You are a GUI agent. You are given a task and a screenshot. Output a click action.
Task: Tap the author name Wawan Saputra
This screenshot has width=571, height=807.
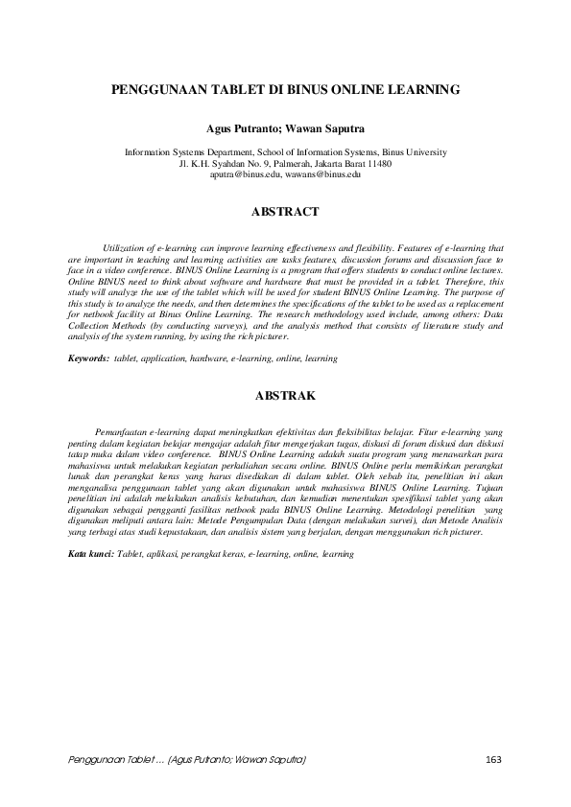(323, 127)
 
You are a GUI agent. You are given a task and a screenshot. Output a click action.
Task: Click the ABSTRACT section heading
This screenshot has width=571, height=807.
(284, 208)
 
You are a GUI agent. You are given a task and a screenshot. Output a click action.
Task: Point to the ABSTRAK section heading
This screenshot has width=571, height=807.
(284, 394)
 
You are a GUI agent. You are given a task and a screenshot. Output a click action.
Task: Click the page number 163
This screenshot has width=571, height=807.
(494, 760)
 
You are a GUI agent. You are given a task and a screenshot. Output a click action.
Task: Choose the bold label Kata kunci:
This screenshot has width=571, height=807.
(91, 554)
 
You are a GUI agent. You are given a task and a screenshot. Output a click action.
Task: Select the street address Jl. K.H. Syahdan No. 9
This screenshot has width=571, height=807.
(228, 163)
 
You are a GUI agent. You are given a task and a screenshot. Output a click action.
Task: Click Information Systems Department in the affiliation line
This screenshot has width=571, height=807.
(180, 152)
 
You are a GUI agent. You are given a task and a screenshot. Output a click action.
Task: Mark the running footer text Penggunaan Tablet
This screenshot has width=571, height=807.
(108, 760)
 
